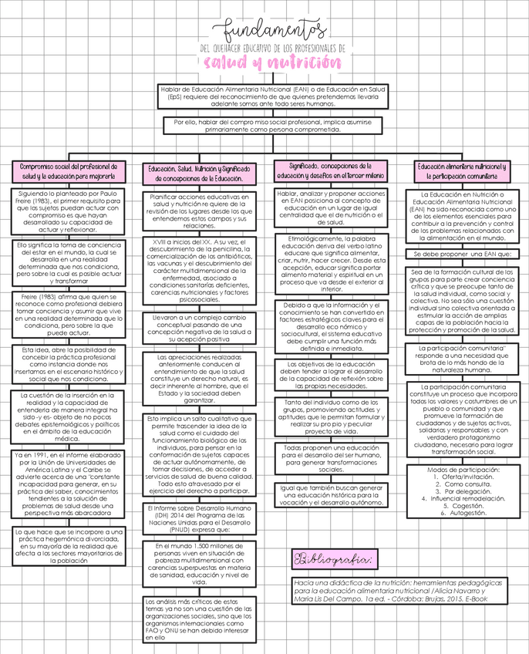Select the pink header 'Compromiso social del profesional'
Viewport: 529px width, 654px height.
pos(69,170)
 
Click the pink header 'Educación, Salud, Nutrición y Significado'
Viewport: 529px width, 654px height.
pos(198,173)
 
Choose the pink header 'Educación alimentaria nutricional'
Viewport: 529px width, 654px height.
pos(462,170)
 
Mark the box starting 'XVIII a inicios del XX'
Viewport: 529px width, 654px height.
pos(199,266)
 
